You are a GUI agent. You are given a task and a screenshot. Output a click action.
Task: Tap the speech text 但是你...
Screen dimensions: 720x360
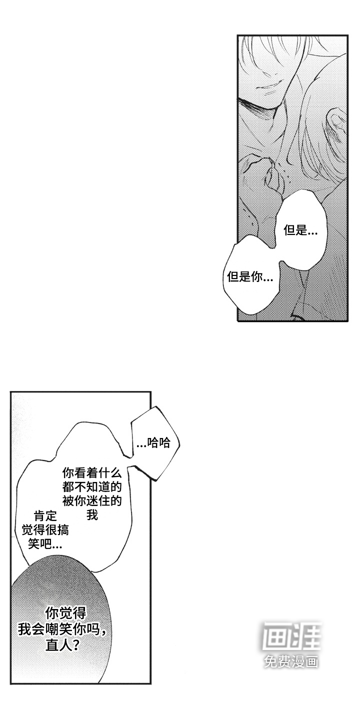point(250,276)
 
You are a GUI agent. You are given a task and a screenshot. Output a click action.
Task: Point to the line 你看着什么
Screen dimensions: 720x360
point(92,472)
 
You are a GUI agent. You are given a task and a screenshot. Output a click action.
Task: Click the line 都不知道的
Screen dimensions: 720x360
point(92,486)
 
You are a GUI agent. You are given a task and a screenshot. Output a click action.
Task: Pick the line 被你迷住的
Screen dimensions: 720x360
point(92,500)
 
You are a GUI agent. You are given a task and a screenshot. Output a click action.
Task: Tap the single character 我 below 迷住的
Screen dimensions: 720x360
point(92,514)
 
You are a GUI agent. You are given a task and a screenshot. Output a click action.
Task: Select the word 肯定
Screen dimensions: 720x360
point(46,515)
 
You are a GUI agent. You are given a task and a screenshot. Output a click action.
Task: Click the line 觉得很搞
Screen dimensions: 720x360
point(45,529)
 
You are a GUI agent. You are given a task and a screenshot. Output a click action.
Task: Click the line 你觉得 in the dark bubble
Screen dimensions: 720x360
point(66,612)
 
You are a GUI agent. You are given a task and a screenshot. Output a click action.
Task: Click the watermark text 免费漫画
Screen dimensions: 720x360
point(291,662)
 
